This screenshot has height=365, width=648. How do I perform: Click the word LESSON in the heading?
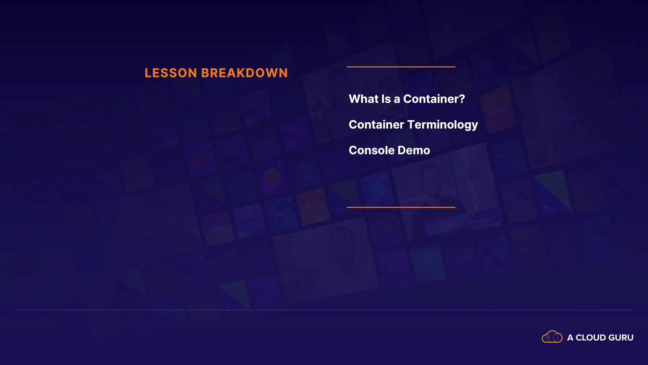[171, 73]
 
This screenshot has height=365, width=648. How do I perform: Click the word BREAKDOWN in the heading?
[245, 73]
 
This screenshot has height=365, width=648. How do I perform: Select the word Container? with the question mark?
[434, 99]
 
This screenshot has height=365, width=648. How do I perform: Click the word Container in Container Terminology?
[376, 124]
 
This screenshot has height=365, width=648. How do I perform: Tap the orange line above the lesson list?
[401, 67]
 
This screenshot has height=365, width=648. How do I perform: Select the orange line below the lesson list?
[401, 207]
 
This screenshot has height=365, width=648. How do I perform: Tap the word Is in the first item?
[386, 99]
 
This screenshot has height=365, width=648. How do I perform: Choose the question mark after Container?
[462, 99]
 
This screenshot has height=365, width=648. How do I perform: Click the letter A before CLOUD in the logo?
[570, 338]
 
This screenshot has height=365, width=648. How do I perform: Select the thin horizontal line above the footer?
[324, 310]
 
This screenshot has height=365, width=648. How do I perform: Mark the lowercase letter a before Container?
[397, 100]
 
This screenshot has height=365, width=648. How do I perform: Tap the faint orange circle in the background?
[272, 177]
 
